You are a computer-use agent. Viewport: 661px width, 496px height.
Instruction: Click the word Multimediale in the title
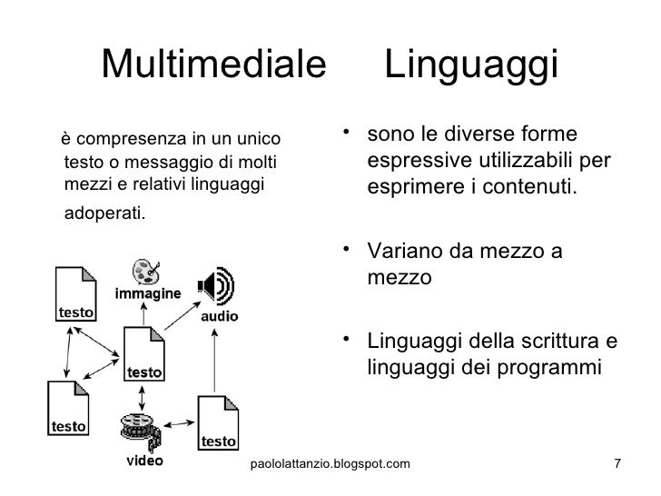pos(214,63)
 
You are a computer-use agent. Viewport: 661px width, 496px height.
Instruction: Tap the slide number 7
pos(617,465)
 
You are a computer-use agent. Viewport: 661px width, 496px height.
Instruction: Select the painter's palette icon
pos(143,272)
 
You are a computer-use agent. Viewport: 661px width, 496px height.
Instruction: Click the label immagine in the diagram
pos(147,294)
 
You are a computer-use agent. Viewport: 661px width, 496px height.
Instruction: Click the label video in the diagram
pos(143,461)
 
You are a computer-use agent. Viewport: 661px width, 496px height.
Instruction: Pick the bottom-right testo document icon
pos(218,422)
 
